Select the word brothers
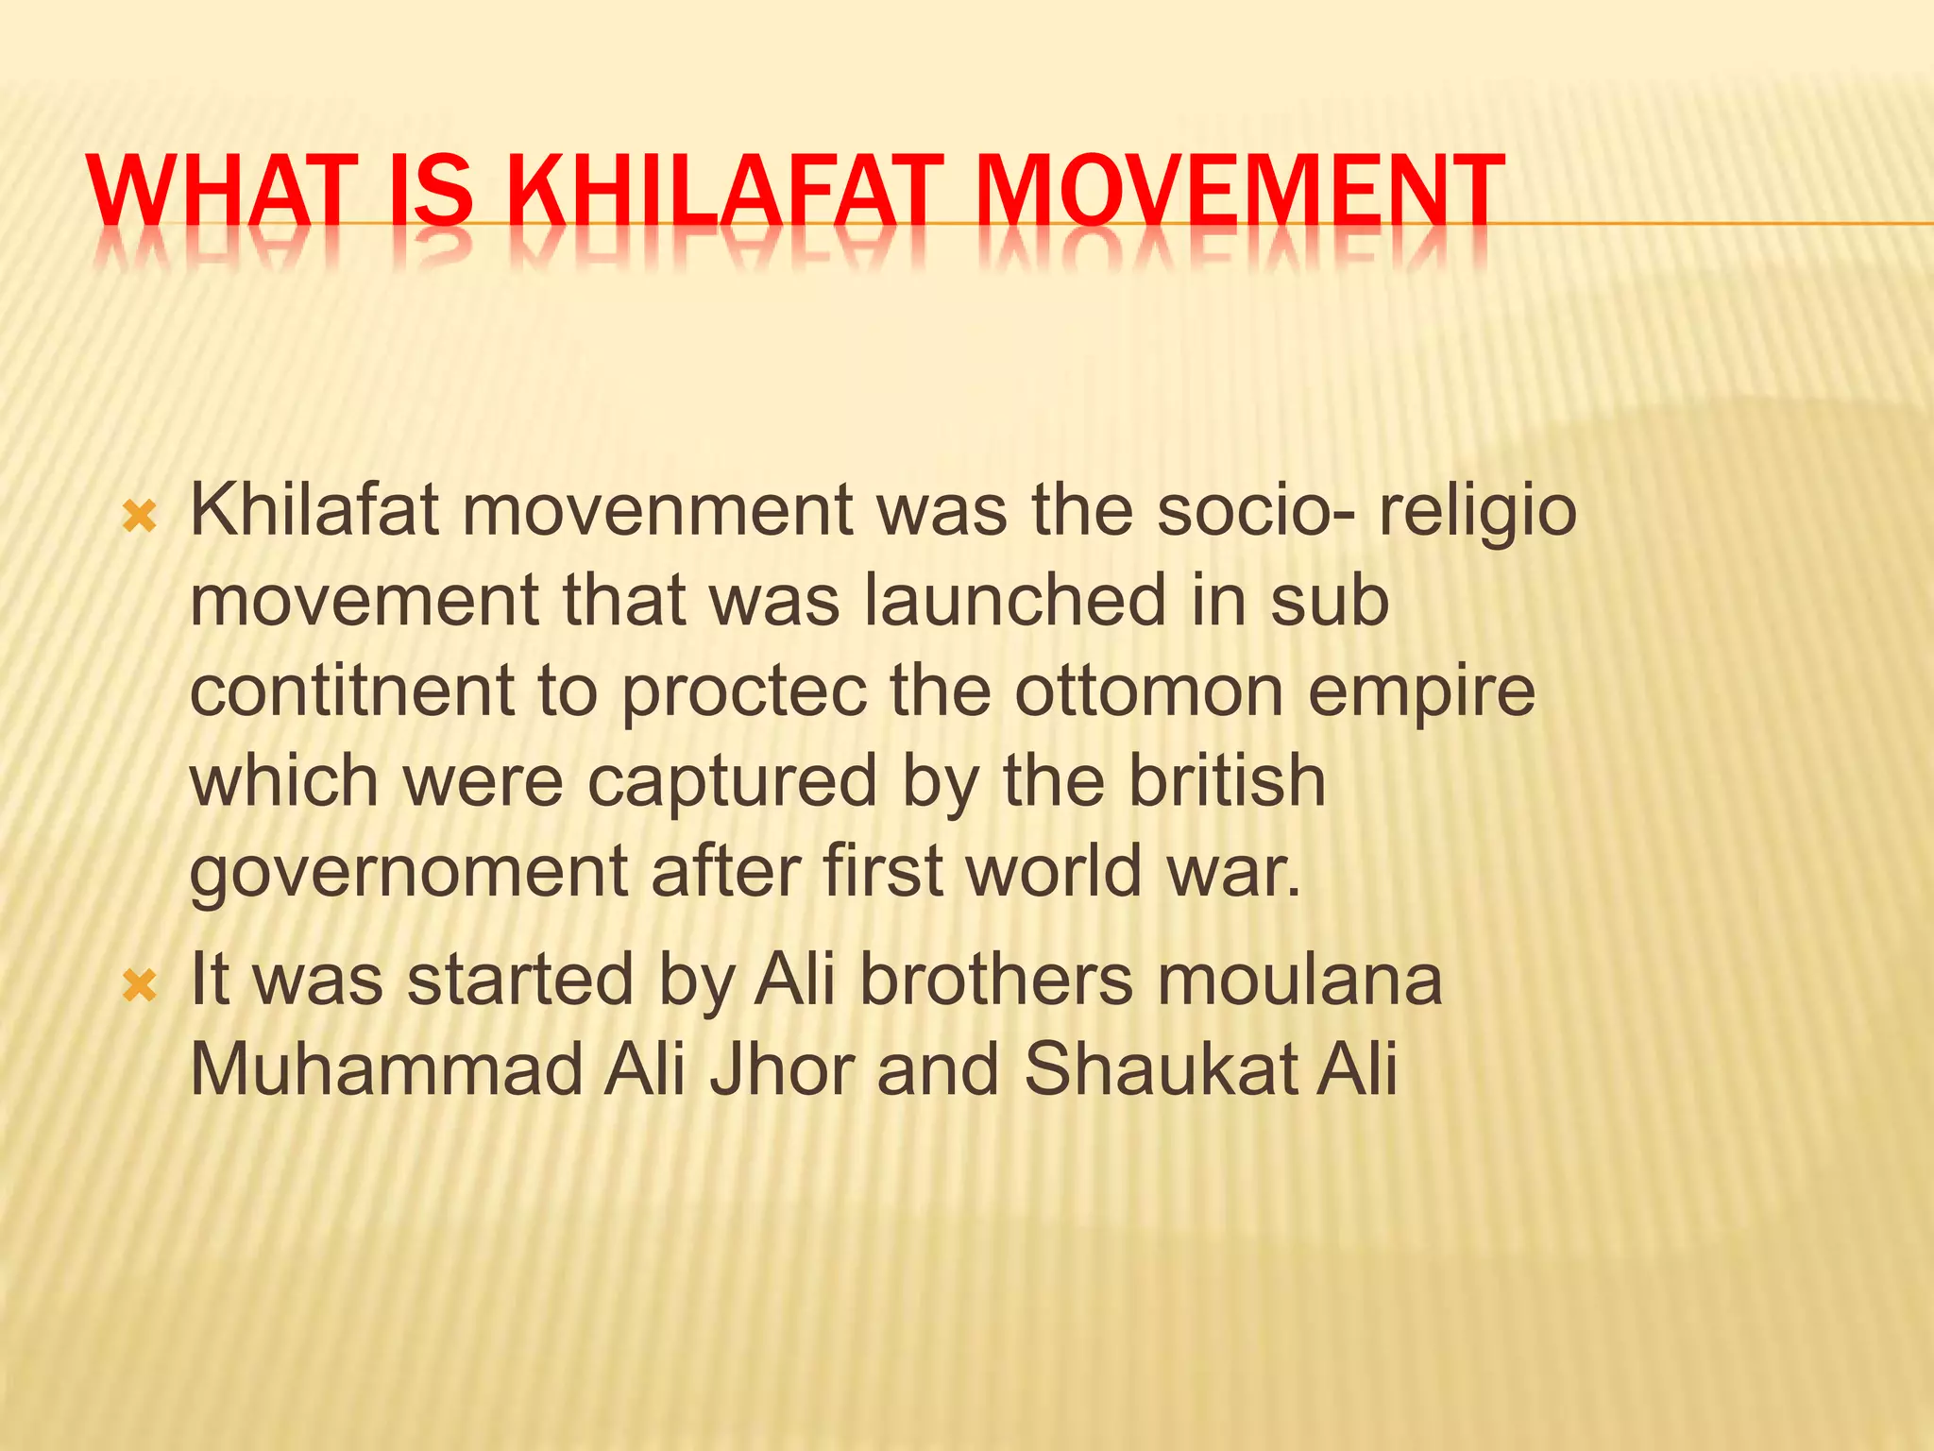995,979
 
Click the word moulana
1299,979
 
